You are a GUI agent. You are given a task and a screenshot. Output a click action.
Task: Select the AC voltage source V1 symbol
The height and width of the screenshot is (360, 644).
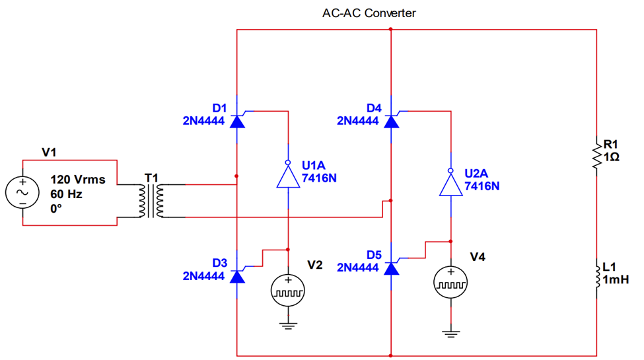[x=22, y=192]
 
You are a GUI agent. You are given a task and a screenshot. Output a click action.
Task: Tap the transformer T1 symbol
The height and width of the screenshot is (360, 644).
[x=151, y=200]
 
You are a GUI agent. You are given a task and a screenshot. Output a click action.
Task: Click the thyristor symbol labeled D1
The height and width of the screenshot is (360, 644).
[x=237, y=121]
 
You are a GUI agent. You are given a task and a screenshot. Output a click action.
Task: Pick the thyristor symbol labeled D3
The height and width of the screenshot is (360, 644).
[x=237, y=275]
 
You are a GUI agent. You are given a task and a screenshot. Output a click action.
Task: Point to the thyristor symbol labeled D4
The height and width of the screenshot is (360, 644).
[x=392, y=121]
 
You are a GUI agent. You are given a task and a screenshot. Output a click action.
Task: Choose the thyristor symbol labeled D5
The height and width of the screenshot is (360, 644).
[x=392, y=268]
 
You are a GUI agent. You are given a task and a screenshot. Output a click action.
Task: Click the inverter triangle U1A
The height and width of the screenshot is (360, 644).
[x=288, y=177]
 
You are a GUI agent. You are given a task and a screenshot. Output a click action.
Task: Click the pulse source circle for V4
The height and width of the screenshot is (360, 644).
[x=450, y=282]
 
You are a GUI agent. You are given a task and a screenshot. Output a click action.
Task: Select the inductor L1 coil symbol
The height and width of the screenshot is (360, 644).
[x=596, y=277]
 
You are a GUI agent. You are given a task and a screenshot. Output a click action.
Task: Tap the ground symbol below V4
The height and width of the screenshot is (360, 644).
[x=450, y=333]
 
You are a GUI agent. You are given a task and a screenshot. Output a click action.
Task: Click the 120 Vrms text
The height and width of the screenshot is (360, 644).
[x=78, y=180]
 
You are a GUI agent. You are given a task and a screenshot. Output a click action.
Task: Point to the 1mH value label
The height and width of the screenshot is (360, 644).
[x=616, y=280]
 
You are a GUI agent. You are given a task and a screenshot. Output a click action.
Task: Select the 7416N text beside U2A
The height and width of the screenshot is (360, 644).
[x=482, y=186]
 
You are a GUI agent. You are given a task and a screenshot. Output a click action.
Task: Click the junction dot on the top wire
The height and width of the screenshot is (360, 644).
[x=391, y=30]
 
